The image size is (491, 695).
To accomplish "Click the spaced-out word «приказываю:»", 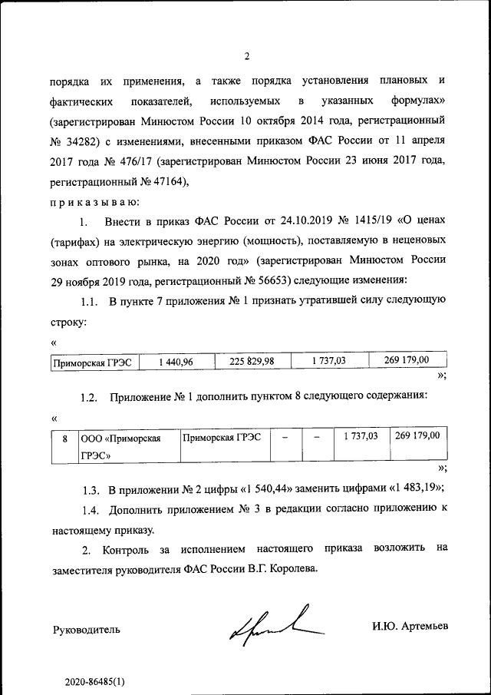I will [94, 202].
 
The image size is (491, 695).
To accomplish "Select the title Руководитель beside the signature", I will [86, 630].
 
